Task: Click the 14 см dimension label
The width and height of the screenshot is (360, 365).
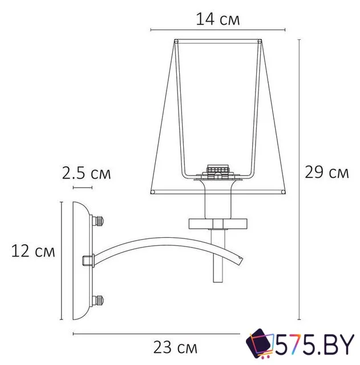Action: click(x=217, y=19)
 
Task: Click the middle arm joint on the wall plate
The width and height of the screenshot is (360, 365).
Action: click(x=88, y=260)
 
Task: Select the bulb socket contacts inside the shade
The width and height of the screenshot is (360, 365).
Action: click(x=217, y=170)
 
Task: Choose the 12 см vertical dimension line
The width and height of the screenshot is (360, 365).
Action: click(x=60, y=259)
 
